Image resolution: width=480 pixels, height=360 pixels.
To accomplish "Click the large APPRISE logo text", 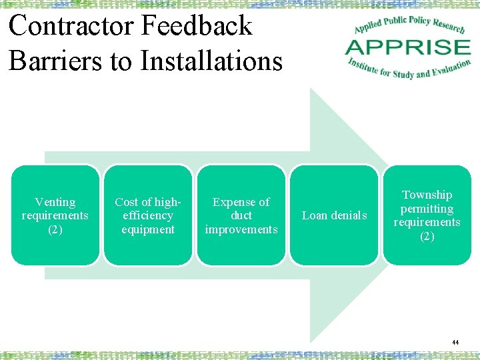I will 407,47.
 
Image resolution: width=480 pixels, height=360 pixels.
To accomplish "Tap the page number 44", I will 455,342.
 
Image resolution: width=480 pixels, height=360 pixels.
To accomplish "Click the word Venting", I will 55,202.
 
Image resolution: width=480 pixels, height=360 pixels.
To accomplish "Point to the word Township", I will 427,195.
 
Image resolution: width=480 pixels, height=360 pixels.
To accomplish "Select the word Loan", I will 314,215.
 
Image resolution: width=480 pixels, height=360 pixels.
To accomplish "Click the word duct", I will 241,215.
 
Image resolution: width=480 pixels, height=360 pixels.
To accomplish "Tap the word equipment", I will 147,229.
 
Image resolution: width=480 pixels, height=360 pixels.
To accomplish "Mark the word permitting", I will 427,209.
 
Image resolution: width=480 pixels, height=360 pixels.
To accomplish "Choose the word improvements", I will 241,229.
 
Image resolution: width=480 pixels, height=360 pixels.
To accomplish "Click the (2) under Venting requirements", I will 55,229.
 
